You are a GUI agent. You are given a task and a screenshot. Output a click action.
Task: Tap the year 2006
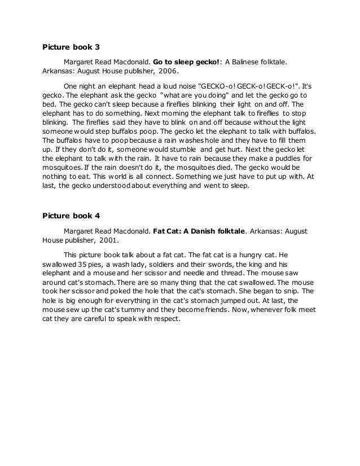[167, 72]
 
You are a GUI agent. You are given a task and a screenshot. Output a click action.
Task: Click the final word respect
[164, 318]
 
